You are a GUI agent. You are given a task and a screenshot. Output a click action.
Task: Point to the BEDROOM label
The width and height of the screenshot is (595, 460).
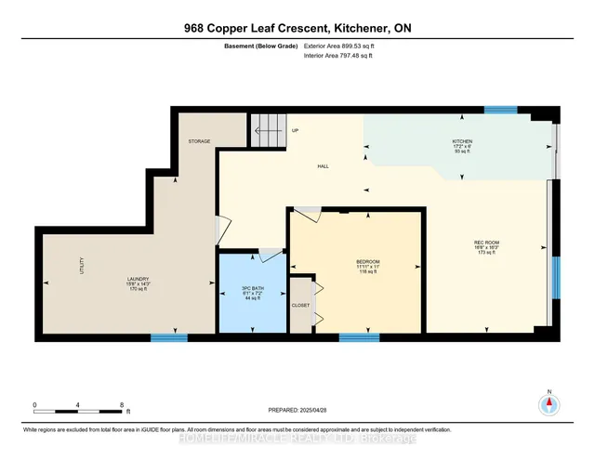[x=367, y=261]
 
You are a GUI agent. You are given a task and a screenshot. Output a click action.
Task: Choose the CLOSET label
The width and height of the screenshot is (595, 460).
[x=300, y=304]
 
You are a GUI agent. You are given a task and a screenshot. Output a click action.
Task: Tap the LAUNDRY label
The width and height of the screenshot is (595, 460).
[x=139, y=278]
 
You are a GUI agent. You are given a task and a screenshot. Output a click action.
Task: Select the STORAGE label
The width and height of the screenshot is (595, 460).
[x=199, y=141]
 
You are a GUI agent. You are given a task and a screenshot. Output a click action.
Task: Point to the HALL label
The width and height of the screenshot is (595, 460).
[x=323, y=165]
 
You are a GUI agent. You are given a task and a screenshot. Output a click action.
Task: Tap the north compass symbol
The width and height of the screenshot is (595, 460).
[x=549, y=403]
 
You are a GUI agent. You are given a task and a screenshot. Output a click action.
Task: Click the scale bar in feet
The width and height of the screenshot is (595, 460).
[x=78, y=405]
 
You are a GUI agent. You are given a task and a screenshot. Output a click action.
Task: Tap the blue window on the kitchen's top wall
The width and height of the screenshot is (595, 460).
[x=500, y=110]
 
